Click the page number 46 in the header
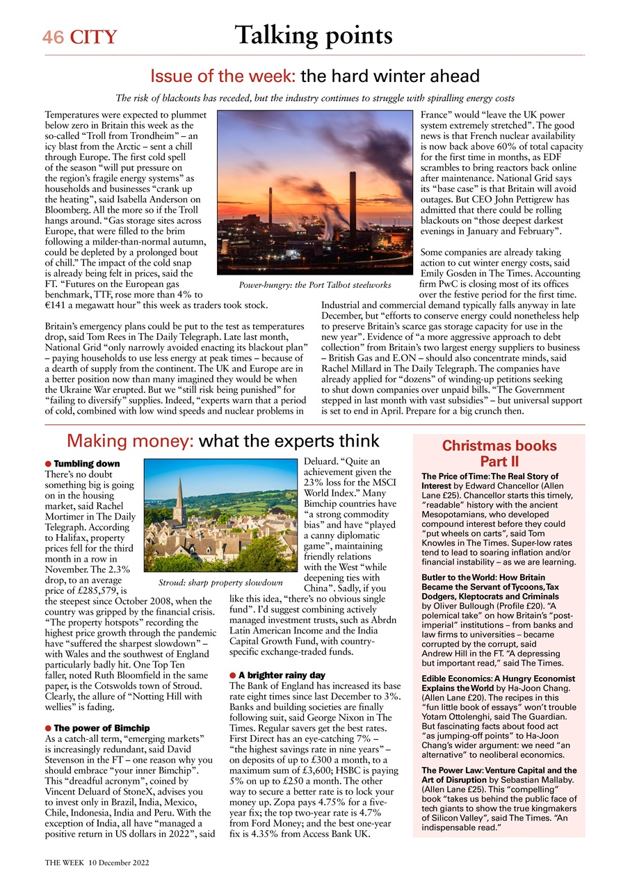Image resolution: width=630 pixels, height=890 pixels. point(52,37)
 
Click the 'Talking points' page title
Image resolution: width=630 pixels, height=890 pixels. point(313,34)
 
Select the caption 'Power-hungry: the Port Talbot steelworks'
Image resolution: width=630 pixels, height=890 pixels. point(314,285)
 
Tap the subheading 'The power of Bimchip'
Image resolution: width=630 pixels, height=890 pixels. point(97,728)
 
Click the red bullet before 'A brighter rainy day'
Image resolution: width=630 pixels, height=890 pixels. point(233,675)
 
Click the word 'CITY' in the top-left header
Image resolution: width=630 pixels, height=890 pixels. point(92,37)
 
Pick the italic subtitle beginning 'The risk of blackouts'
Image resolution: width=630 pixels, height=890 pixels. point(314,98)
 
